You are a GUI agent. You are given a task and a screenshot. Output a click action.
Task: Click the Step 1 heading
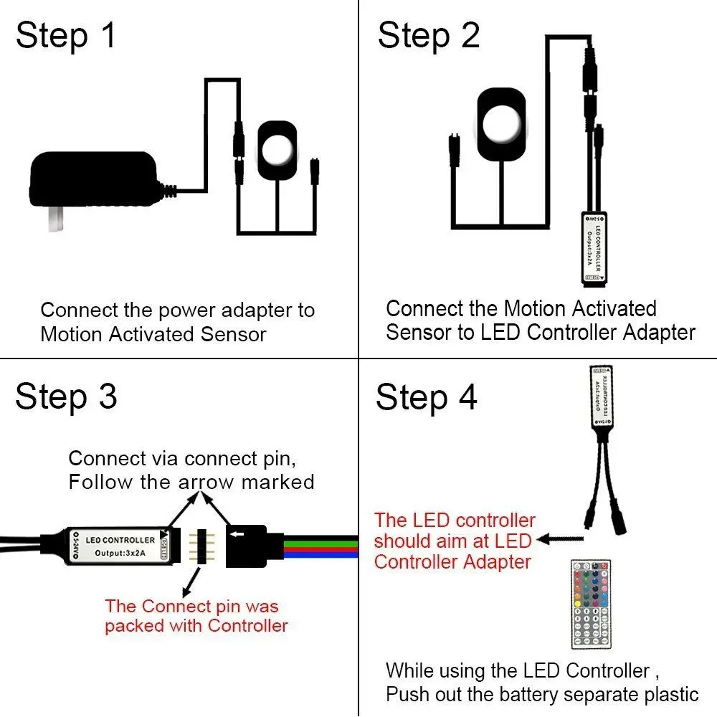tap(65, 36)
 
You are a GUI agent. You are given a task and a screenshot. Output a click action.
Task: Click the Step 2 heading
tap(428, 36)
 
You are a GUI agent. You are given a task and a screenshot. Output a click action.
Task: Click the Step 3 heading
tap(66, 397)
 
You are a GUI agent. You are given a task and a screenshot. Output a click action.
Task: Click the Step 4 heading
tap(426, 397)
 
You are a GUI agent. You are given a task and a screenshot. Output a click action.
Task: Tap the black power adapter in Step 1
tap(93, 183)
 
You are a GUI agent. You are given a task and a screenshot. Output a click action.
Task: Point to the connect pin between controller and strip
tap(201, 546)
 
